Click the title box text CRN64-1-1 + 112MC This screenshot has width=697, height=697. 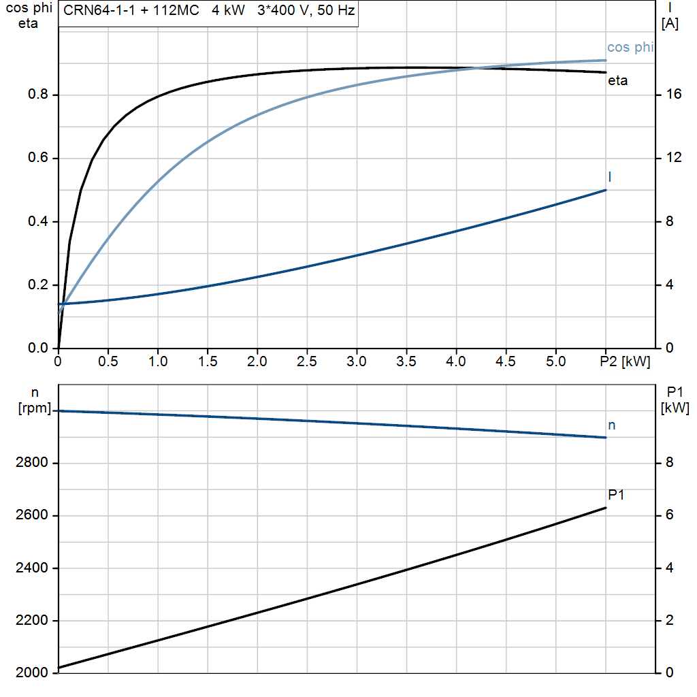coord(131,10)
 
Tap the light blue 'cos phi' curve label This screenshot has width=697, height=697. coord(630,47)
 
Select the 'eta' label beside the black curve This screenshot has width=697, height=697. coord(617,80)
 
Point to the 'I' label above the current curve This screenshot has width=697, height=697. coord(609,177)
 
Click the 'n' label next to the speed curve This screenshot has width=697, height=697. coord(612,425)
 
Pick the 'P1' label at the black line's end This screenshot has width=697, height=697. coord(616,495)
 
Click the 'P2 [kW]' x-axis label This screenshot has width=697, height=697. coord(625,361)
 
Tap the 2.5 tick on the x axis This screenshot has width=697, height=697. coord(307,361)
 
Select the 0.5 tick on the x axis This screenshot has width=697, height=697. coord(108,361)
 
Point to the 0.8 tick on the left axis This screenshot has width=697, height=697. coord(38,94)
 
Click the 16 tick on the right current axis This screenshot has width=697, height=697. coord(674,94)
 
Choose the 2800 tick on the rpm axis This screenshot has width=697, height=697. coord(31,463)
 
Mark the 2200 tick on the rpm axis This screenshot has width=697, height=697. coord(31,621)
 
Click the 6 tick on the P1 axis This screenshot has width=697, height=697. coord(670,515)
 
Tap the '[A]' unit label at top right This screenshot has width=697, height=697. coord(670,24)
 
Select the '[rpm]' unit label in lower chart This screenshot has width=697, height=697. coord(35,408)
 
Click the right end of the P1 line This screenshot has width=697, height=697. coord(606,508)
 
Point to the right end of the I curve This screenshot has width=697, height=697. coord(606,191)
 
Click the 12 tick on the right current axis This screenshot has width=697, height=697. coord(674,158)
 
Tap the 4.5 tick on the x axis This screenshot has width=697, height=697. coord(506,361)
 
